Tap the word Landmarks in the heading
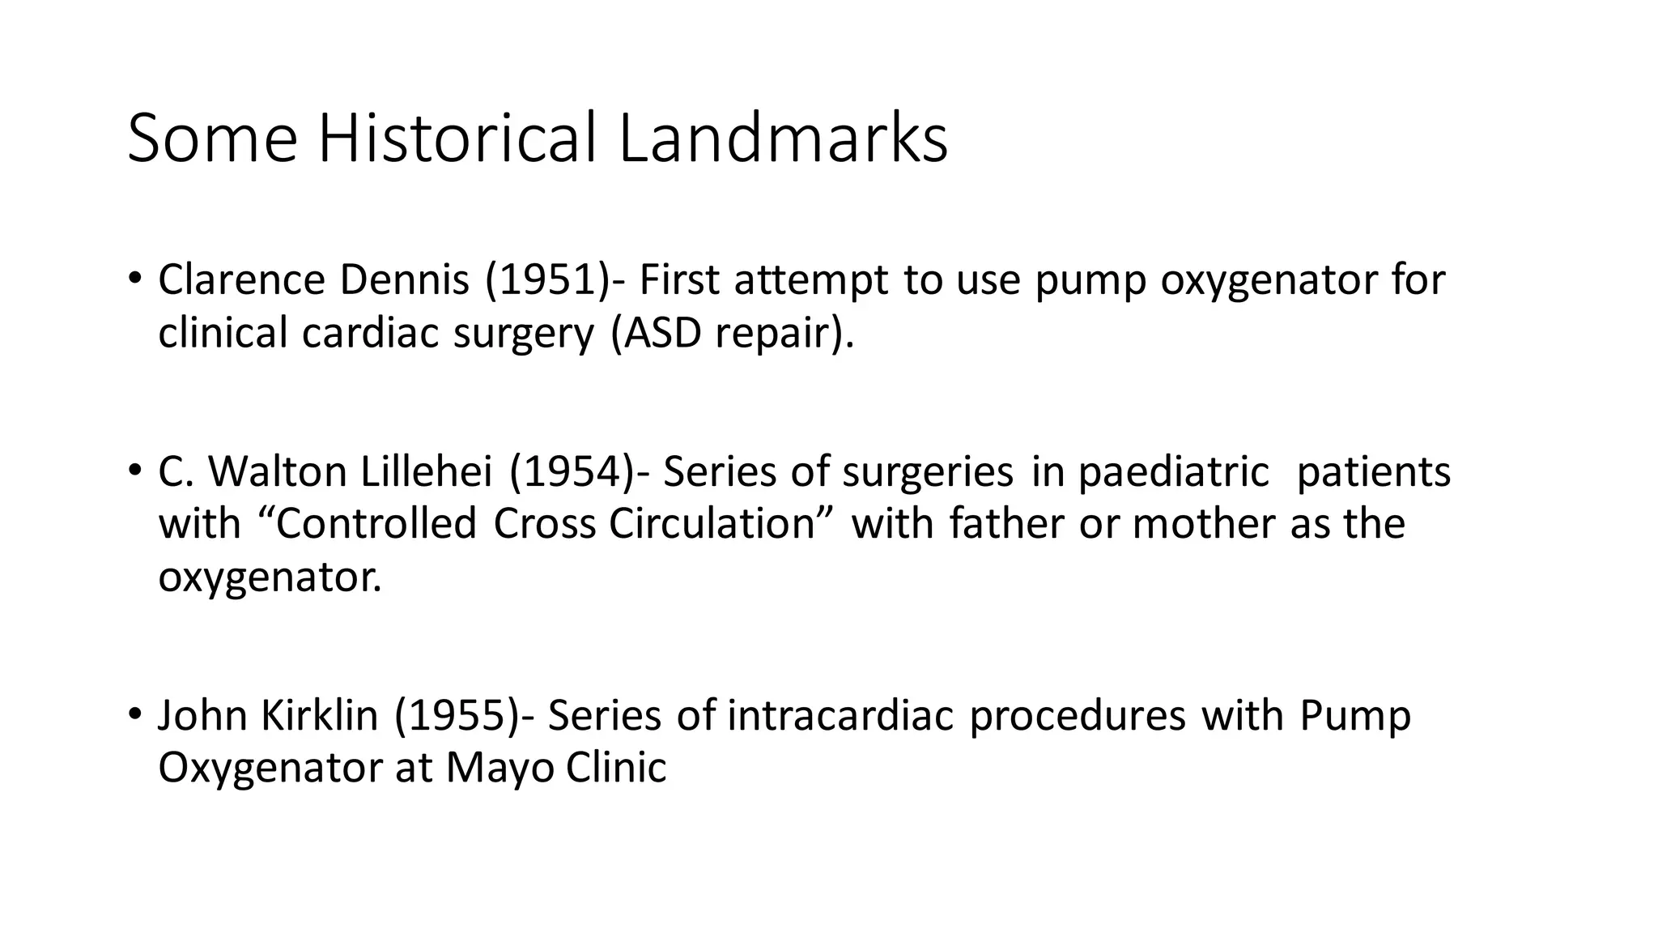[x=783, y=138]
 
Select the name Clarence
[x=241, y=280]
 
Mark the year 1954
[x=572, y=471]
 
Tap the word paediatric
[x=1174, y=471]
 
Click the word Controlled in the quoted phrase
[x=376, y=524]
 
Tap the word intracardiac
[x=841, y=716]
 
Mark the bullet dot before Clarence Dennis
[x=134, y=279]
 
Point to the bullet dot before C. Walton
[x=134, y=471]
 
